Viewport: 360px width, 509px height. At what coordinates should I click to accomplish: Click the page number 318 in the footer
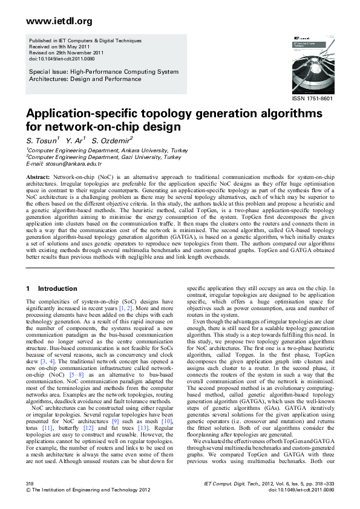(x=30, y=485)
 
